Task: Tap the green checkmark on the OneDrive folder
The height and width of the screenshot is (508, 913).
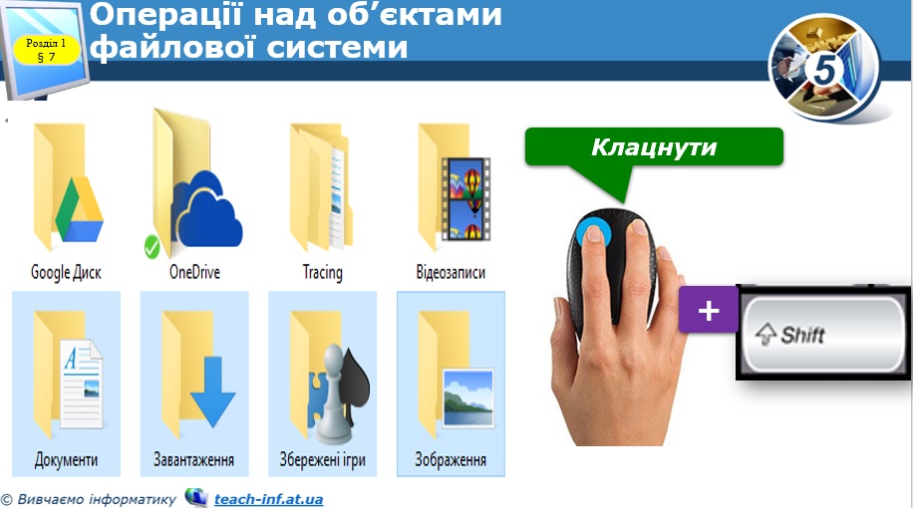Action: click(x=152, y=245)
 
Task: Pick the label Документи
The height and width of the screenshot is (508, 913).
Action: click(x=66, y=460)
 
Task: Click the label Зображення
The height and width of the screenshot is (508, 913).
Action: click(x=451, y=460)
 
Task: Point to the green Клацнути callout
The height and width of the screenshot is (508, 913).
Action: click(x=654, y=147)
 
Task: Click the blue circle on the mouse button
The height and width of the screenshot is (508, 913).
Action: click(x=594, y=233)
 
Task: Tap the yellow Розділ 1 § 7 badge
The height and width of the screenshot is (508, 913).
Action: click(x=46, y=50)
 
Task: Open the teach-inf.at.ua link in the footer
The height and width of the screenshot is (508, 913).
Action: click(x=268, y=499)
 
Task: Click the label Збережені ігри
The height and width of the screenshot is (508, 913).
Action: click(x=321, y=460)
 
